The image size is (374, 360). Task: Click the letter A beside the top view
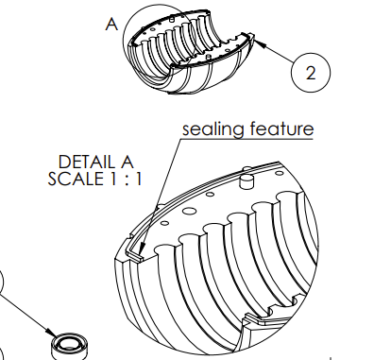(111, 24)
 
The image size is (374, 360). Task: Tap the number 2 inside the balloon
(311, 73)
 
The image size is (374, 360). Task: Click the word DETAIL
(86, 163)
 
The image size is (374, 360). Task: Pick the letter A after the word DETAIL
(127, 163)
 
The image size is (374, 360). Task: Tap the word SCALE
(76, 179)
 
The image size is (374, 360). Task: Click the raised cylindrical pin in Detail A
(246, 181)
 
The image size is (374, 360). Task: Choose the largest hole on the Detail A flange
(189, 211)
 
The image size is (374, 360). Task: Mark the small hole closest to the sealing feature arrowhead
(164, 223)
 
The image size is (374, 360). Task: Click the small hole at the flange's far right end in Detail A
(279, 173)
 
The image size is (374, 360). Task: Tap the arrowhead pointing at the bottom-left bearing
(50, 333)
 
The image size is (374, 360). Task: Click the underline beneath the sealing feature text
(247, 138)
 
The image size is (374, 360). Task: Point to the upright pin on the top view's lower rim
(208, 57)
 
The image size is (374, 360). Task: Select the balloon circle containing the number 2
(311, 73)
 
